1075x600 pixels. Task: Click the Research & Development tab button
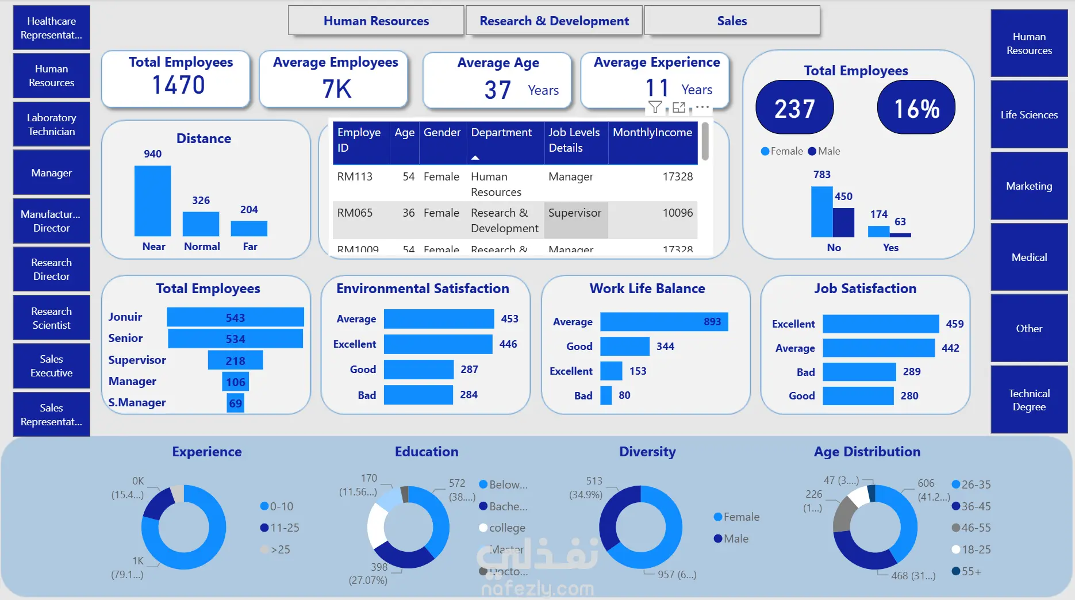pyautogui.click(x=554, y=21)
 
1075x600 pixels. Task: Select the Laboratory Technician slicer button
pyautogui.click(x=52, y=125)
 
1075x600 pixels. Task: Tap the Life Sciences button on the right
pyautogui.click(x=1029, y=115)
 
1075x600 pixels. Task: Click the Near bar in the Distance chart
pyautogui.click(x=152, y=201)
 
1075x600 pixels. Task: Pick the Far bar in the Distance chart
pyautogui.click(x=249, y=229)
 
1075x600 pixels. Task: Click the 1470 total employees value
pyautogui.click(x=178, y=86)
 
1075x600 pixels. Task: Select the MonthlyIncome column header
pyautogui.click(x=652, y=133)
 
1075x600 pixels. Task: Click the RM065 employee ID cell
pyautogui.click(x=355, y=213)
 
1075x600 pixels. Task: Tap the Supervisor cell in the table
pyautogui.click(x=575, y=213)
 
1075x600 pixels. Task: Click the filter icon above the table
pyautogui.click(x=655, y=107)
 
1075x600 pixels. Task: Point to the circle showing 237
pyautogui.click(x=794, y=108)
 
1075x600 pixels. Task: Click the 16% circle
pyautogui.click(x=916, y=108)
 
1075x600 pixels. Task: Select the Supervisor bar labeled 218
pyautogui.click(x=235, y=361)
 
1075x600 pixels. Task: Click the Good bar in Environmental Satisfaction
pyautogui.click(x=419, y=370)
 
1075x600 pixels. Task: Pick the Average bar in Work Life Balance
pyautogui.click(x=664, y=322)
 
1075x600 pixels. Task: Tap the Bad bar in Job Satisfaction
pyautogui.click(x=859, y=372)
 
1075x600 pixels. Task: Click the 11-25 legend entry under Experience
pyautogui.click(x=280, y=528)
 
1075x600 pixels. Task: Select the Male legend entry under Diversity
pyautogui.click(x=731, y=539)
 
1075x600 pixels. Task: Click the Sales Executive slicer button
pyautogui.click(x=52, y=366)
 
